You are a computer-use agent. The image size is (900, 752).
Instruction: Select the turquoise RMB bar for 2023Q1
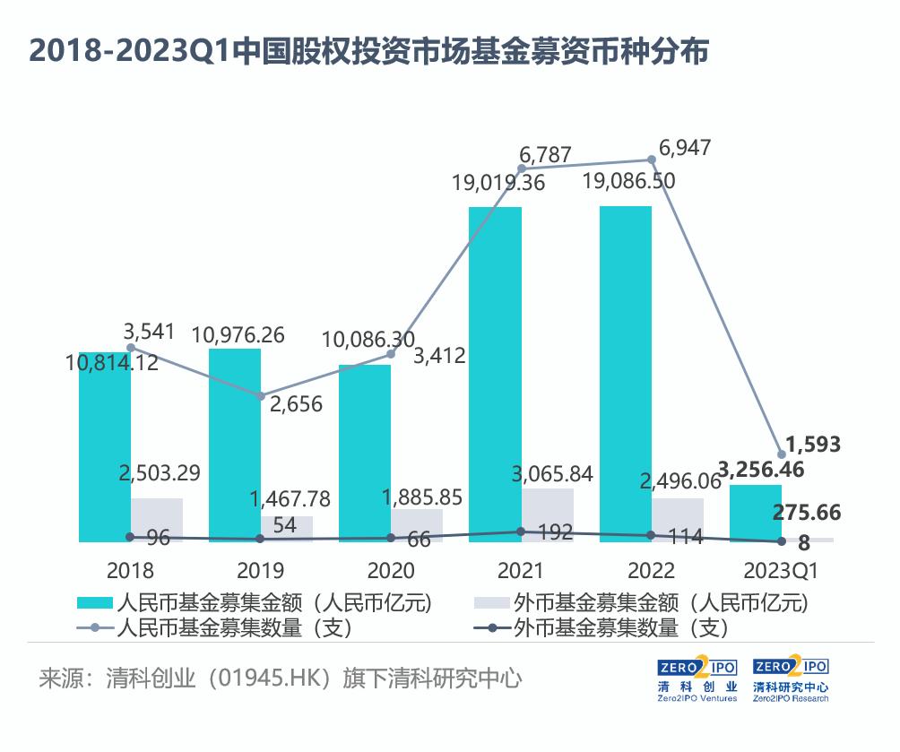click(x=755, y=514)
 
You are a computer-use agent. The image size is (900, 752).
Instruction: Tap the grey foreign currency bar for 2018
click(x=157, y=520)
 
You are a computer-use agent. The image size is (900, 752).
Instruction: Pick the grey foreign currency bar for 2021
click(x=548, y=515)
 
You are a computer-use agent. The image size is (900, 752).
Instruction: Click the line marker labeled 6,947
click(x=652, y=160)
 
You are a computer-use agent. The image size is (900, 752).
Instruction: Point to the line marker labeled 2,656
click(x=261, y=395)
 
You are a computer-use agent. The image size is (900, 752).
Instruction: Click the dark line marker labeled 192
click(x=522, y=532)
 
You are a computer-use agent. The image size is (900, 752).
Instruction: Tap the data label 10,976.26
click(x=238, y=335)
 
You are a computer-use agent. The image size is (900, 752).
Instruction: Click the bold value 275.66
click(x=806, y=512)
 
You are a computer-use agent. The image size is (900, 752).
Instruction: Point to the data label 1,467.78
click(x=289, y=497)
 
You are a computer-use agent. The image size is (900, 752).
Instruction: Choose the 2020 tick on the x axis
click(x=391, y=570)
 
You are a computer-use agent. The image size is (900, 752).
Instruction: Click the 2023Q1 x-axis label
click(x=782, y=570)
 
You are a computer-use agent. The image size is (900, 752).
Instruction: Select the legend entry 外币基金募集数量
click(x=619, y=628)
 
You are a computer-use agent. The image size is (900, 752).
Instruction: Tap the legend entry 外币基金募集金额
click(x=661, y=603)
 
